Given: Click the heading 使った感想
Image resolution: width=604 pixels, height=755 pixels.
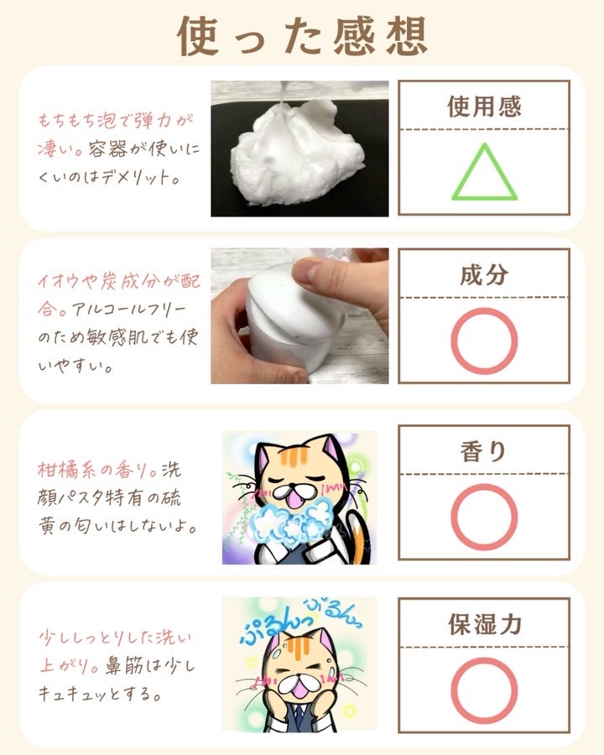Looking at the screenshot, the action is coord(302,37).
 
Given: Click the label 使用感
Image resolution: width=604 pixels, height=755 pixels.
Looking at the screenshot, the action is coord(484,107).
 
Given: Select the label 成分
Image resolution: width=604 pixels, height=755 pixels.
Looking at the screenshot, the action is coord(484,275).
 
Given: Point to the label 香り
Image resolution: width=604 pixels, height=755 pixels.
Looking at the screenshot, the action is coord(483,451).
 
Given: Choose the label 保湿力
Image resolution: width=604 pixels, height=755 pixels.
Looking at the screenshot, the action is coord(485,624).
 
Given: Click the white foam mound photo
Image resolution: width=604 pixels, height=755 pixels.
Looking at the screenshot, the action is coord(299,150).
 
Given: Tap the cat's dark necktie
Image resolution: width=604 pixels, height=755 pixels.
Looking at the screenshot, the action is coord(299,718).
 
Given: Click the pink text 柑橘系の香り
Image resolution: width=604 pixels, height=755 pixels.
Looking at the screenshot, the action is coord(96,470).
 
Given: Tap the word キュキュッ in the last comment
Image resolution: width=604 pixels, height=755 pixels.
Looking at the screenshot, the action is coord(73,695).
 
